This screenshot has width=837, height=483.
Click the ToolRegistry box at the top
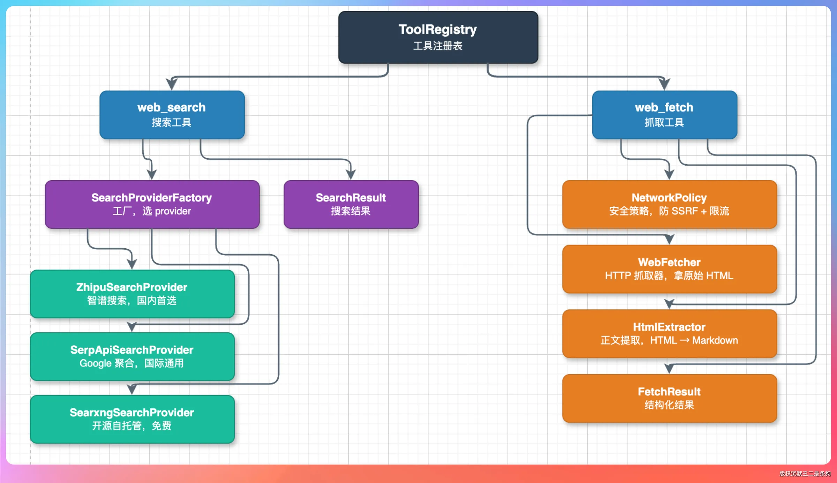pos(438,37)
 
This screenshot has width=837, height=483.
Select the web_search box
pos(172,115)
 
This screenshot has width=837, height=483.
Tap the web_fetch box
pos(664,115)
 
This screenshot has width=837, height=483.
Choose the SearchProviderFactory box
pos(152,204)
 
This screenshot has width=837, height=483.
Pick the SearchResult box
pos(351,204)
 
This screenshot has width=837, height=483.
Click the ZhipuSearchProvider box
pos(132,294)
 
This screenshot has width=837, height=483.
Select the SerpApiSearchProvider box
pos(132,356)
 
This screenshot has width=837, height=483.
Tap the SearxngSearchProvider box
pos(132,419)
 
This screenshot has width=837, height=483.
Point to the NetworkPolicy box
pos(670,204)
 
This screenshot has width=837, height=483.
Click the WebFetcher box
pos(670,269)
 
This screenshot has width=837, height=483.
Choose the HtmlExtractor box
pos(670,334)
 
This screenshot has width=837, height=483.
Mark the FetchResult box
pos(670,398)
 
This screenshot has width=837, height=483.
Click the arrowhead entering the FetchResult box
pos(669,368)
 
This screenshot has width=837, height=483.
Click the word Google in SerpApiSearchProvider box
pos(96,363)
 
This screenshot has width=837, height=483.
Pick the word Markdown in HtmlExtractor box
pos(715,340)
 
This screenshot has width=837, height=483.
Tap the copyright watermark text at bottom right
pos(805,473)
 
